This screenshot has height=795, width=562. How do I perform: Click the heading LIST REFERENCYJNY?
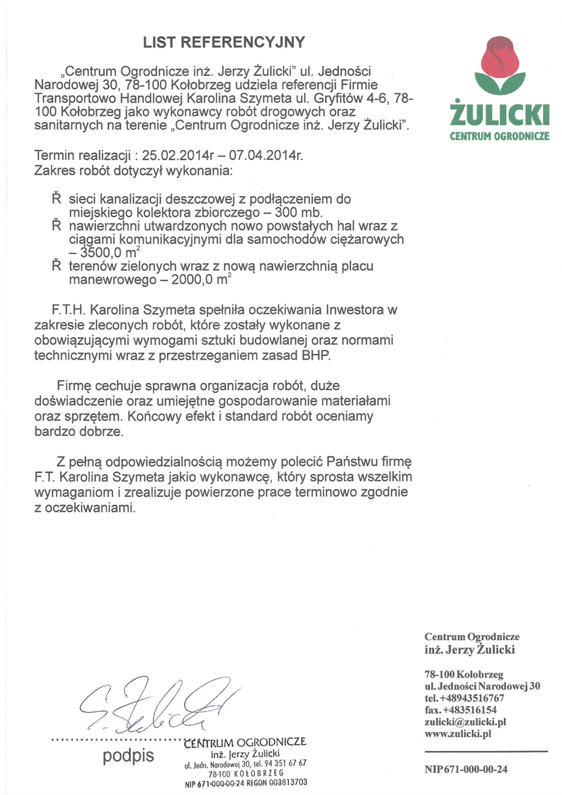(224, 42)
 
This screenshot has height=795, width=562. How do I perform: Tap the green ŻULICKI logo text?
(500, 114)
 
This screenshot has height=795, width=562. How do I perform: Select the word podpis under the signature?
(128, 755)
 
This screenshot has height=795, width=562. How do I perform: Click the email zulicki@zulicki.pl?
(465, 721)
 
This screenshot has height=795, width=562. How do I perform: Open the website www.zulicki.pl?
(458, 734)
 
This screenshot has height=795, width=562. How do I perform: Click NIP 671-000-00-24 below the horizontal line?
(466, 770)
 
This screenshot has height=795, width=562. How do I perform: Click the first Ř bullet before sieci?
(56, 200)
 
